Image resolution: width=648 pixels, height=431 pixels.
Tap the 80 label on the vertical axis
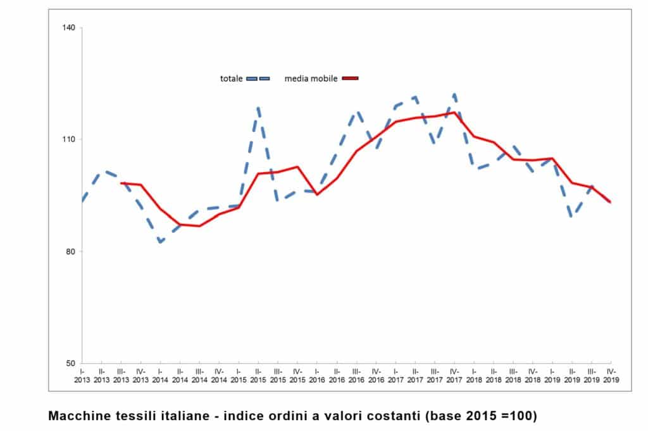pos(70,251)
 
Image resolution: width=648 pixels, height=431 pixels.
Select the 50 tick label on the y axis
pos(70,363)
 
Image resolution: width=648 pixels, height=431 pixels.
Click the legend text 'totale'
pos(231,78)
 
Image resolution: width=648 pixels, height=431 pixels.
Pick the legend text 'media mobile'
pos(311,78)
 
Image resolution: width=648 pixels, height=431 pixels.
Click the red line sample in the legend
pos(350,78)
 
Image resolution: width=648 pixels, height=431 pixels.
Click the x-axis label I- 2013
pos(83,375)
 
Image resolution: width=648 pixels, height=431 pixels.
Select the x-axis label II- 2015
pos(258,375)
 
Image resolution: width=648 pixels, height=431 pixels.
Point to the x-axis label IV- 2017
pos(454,375)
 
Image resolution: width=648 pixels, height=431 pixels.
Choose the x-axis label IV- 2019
pos(611,375)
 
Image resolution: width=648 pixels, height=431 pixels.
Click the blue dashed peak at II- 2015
pos(258,108)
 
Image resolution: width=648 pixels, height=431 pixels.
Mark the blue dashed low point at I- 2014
pos(160,242)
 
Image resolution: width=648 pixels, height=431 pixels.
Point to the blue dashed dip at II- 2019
pos(572,216)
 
